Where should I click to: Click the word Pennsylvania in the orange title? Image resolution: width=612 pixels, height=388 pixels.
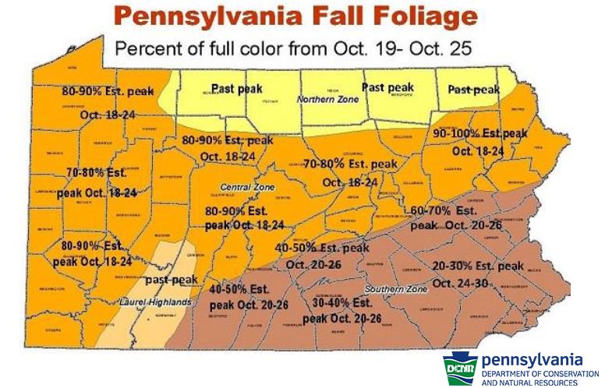pyautogui.click(x=225, y=16)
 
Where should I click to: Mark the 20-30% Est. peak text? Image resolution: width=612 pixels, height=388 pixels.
pyautogui.click(x=478, y=266)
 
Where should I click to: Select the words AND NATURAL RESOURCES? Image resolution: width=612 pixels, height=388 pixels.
pyautogui.click(x=529, y=383)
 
